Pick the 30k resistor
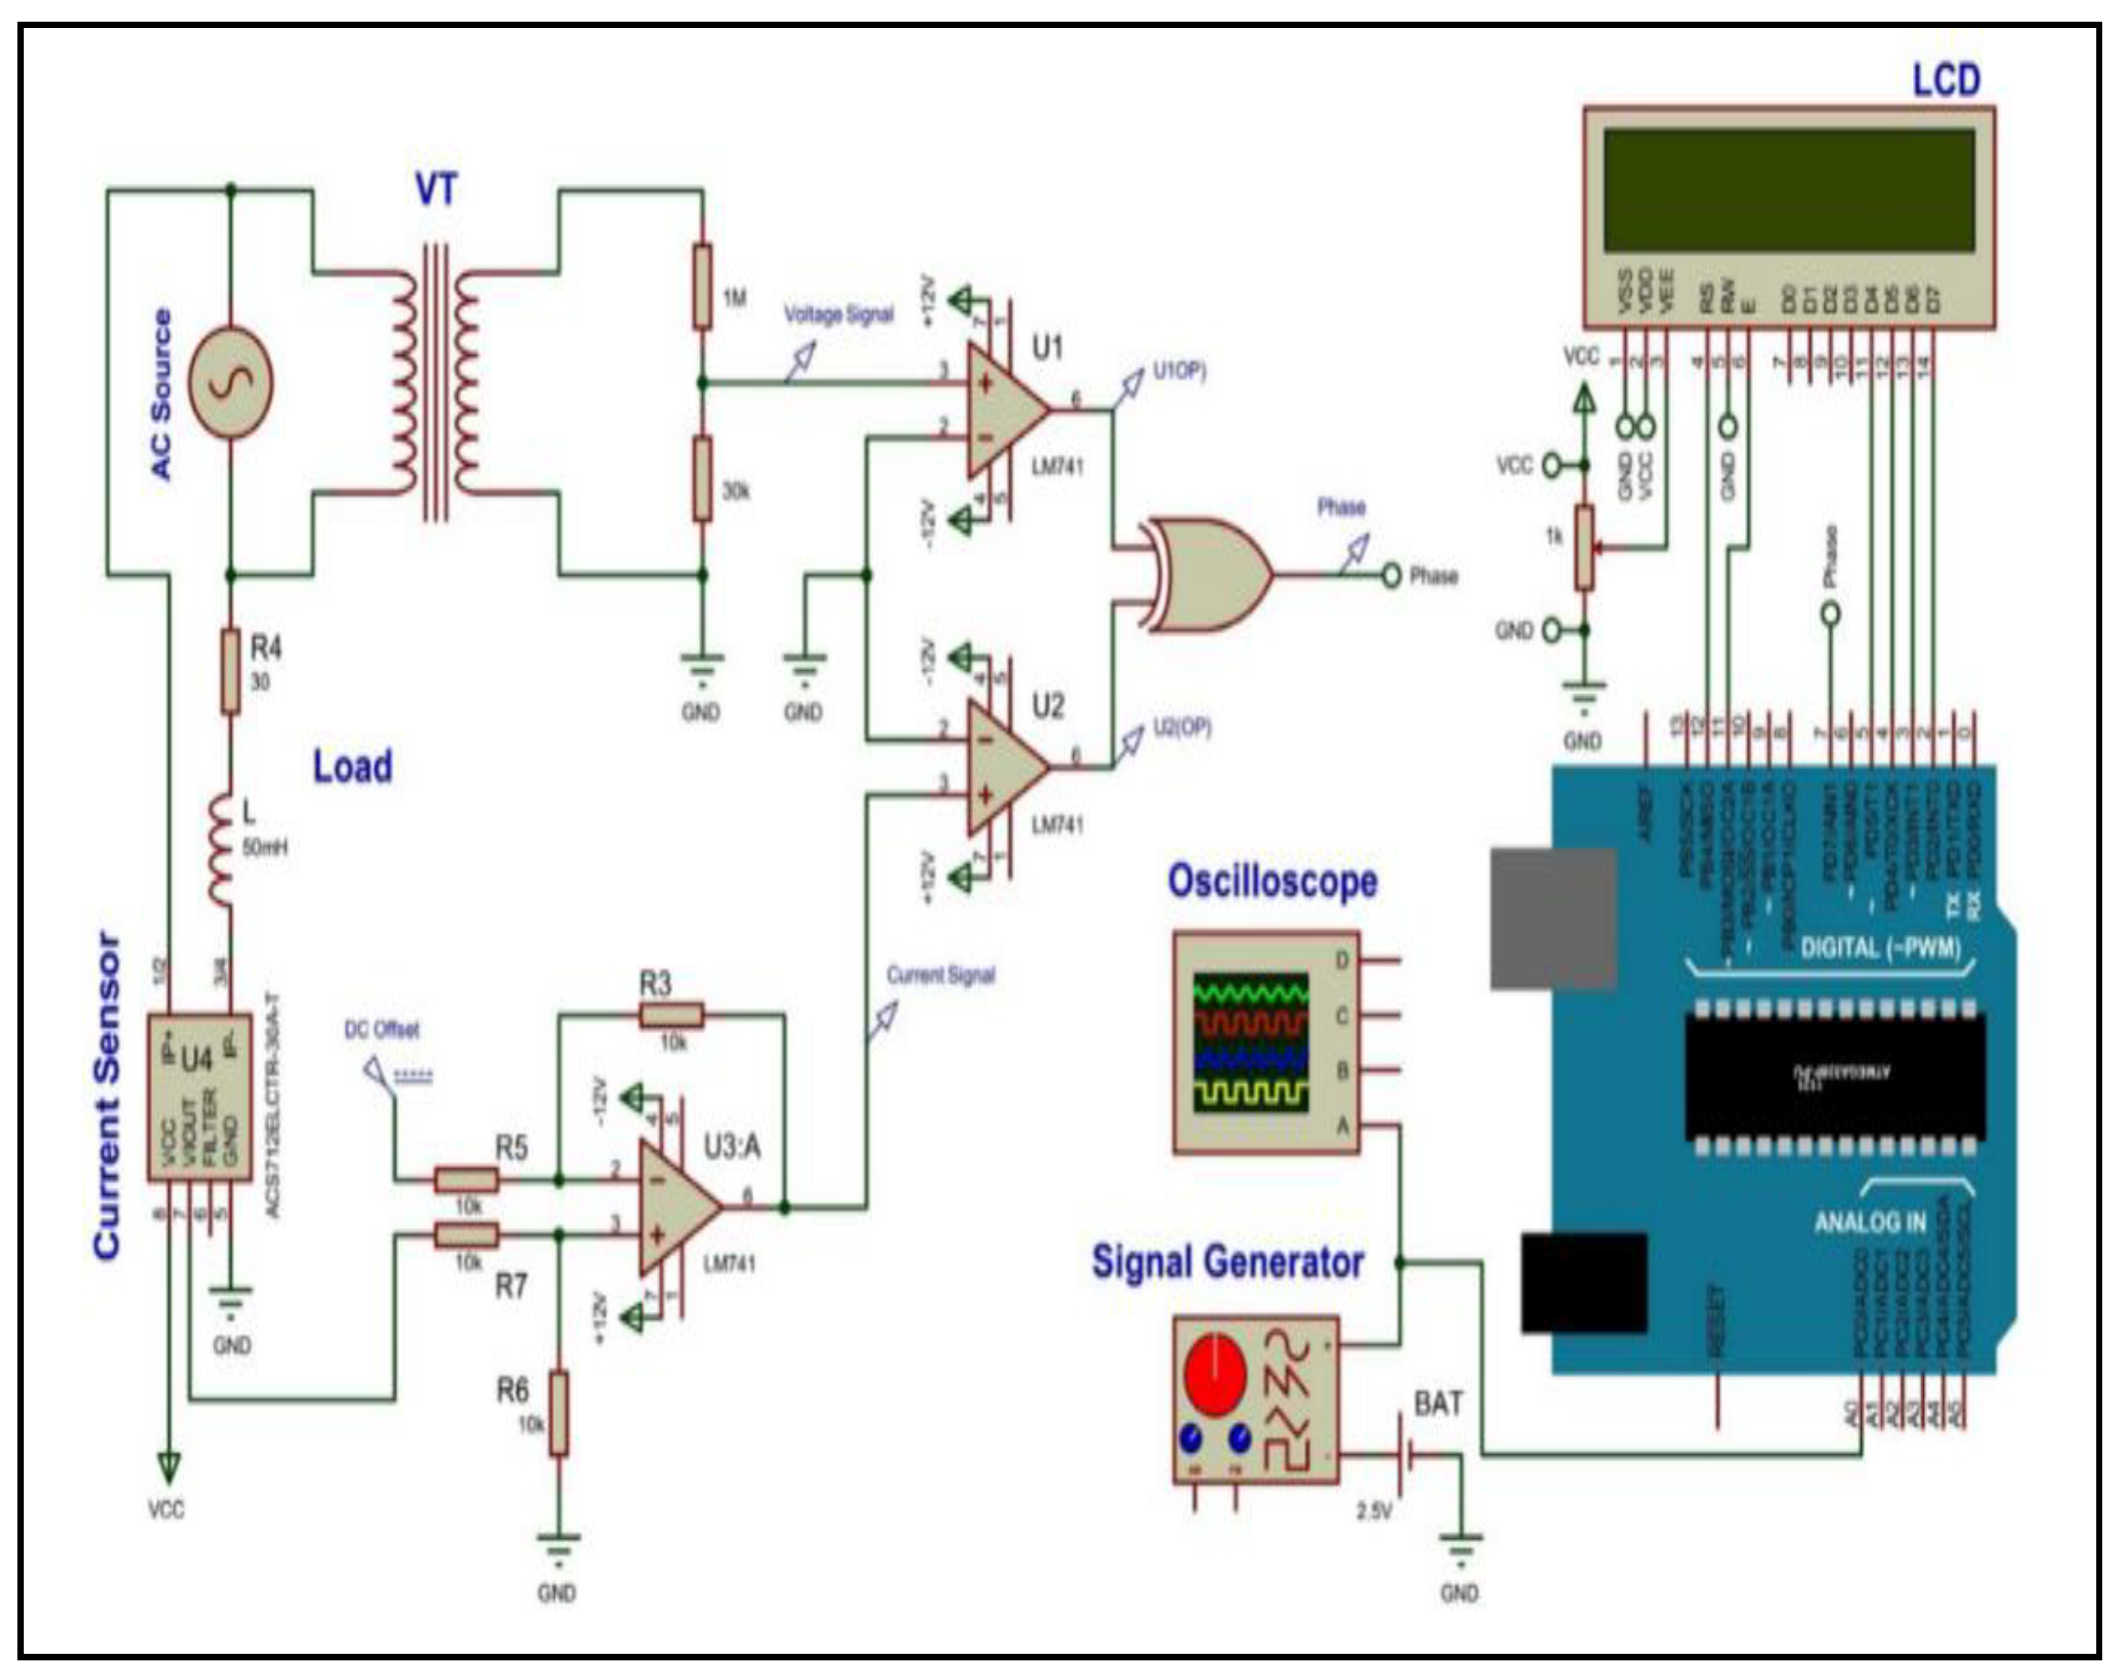coord(702,479)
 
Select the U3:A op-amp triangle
coord(677,1207)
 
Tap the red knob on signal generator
coord(1215,1374)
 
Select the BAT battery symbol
coord(1405,1454)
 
